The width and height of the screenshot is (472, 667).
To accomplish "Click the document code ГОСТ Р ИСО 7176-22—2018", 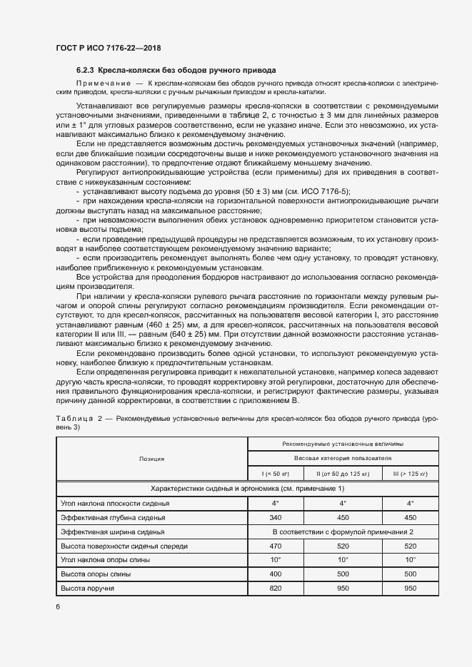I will pos(108,48).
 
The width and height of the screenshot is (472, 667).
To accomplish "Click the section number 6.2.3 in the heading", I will pos(85,71).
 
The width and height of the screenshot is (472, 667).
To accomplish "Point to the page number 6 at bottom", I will pos(57,606).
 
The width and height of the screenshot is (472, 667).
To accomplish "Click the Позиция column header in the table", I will pos(151,459).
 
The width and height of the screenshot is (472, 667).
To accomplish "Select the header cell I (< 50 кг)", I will pos(274,474).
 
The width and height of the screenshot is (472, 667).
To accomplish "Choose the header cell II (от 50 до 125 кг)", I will pos(343,474).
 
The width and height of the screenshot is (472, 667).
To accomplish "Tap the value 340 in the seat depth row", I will pos(274,517).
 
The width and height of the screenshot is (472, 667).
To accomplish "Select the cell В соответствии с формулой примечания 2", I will pos(343,531).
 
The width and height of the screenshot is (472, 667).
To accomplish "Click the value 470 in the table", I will pos(274,546).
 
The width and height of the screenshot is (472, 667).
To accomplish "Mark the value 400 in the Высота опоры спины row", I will pos(274,574).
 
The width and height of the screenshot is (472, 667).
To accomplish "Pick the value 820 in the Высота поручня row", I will pos(274,588).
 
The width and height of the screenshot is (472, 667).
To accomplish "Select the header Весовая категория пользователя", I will pos(343,459).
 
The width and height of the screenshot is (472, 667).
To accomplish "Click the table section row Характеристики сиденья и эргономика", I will pos(247,489).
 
